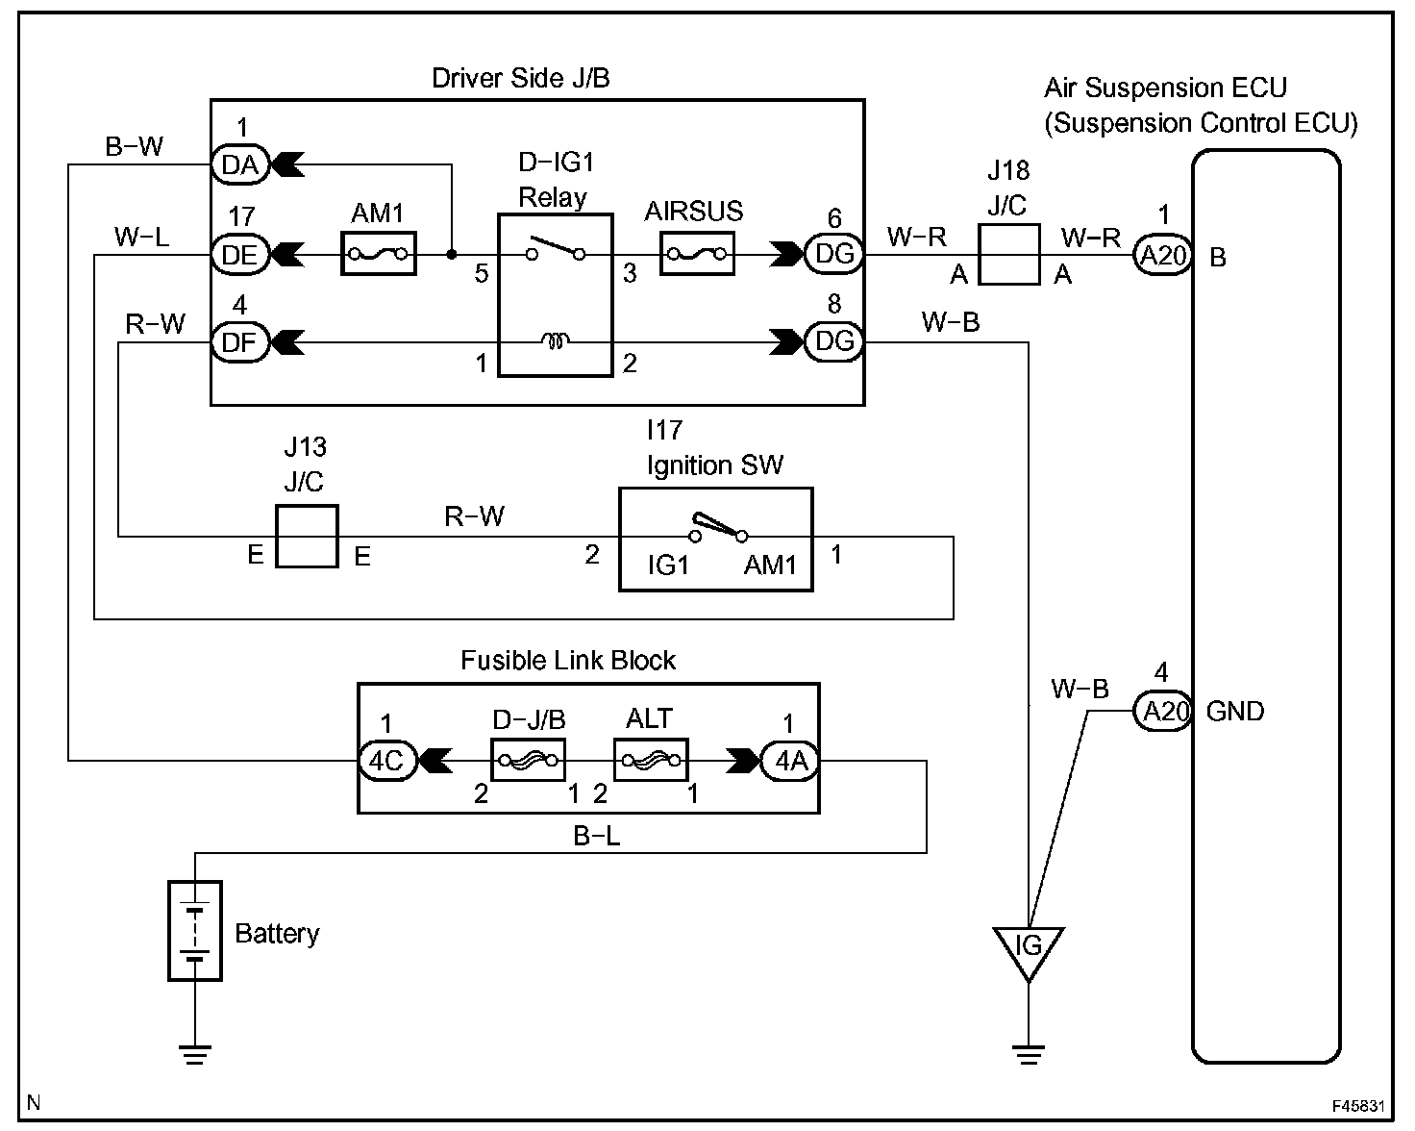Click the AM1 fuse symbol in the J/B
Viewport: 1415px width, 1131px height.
[378, 253]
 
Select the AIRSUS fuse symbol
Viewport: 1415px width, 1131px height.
[697, 253]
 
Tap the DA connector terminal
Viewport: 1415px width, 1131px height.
[240, 164]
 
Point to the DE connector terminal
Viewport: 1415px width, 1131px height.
[240, 255]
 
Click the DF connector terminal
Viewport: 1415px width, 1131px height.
[240, 342]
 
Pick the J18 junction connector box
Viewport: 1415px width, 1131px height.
[1008, 255]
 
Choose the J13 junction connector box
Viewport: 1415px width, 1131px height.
[307, 536]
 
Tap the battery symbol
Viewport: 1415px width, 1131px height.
[195, 930]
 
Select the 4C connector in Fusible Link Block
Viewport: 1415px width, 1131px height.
[388, 761]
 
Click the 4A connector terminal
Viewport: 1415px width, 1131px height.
[790, 761]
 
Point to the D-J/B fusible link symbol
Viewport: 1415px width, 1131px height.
[528, 760]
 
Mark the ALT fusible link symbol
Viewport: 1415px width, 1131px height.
[651, 760]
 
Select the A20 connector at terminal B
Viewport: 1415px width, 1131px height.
[1163, 255]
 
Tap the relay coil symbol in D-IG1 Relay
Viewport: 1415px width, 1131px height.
[556, 340]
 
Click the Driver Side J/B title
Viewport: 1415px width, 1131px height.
[521, 78]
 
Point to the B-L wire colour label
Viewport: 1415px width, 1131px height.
[597, 837]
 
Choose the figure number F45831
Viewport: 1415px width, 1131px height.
[1358, 1106]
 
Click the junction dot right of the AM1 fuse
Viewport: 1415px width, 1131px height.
[452, 254]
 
